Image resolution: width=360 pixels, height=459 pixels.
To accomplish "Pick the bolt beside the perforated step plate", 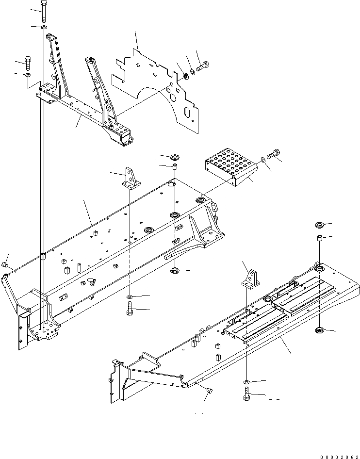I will (275, 154).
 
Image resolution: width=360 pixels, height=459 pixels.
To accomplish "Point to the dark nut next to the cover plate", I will (186, 76).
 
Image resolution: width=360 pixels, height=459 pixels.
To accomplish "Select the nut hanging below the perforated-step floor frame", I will (174, 271).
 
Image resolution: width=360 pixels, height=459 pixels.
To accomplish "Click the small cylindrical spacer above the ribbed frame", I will (320, 239).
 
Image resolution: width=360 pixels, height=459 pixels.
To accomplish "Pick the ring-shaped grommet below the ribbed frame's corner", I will (320, 331).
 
